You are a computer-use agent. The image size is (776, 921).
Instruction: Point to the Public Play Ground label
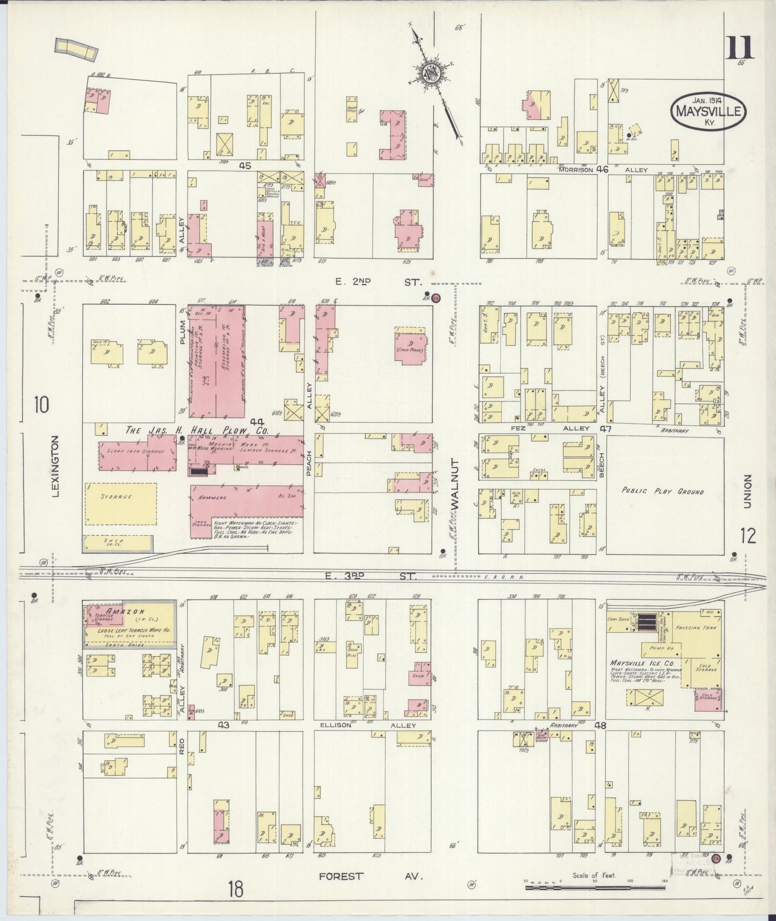[662, 491]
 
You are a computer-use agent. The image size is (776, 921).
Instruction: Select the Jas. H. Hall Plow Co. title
[196, 430]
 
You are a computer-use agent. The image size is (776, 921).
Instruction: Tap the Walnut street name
[455, 484]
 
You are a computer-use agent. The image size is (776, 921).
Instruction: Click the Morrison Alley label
[601, 169]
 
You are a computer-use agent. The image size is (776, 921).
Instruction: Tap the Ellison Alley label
[376, 725]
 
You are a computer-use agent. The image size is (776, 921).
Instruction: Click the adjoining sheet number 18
[234, 889]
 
